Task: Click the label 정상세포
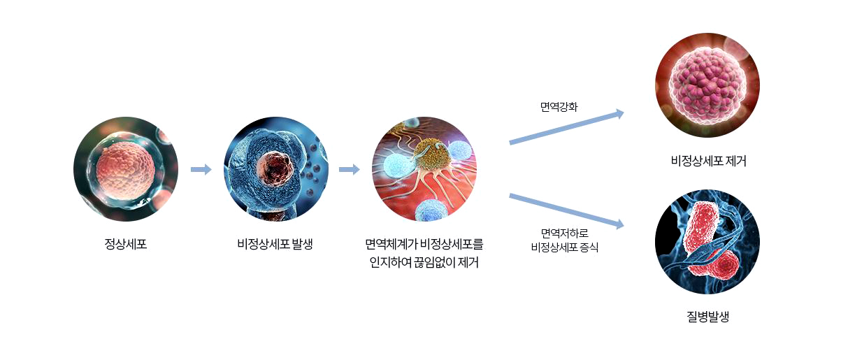click(126, 244)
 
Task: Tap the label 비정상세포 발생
click(275, 244)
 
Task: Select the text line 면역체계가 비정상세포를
click(424, 244)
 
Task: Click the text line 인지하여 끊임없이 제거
click(424, 262)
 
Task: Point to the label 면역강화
click(559, 107)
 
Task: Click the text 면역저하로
click(565, 233)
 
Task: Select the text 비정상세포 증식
click(565, 247)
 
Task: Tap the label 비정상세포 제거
click(708, 161)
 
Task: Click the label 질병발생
click(707, 317)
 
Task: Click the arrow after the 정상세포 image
click(201, 169)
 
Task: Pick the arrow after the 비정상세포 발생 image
click(350, 169)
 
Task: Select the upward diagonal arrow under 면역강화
click(566, 127)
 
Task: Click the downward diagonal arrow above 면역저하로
click(566, 211)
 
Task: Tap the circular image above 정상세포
click(126, 169)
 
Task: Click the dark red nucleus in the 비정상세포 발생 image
click(275, 168)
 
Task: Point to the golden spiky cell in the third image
click(432, 154)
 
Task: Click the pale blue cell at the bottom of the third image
click(431, 210)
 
